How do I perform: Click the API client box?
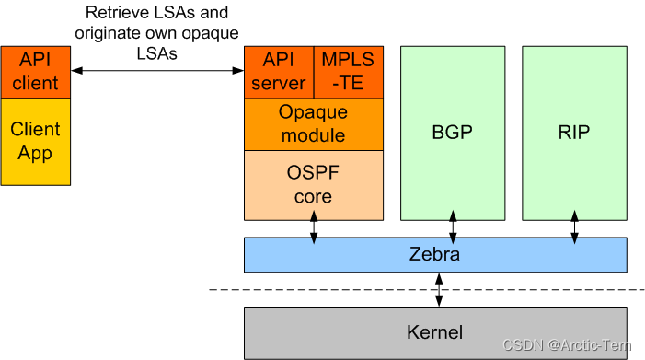[35, 71]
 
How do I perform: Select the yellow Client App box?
[35, 140]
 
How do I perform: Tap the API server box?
[279, 71]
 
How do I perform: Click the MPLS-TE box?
[349, 71]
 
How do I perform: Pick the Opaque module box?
[313, 123]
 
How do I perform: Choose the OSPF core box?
[313, 184]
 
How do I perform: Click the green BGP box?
[452, 133]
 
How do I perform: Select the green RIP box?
[574, 133]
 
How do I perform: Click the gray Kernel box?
[434, 332]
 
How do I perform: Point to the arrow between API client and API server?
[157, 71]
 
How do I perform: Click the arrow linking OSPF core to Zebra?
[314, 226]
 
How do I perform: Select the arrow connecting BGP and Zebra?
[452, 226]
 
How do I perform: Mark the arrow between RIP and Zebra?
[574, 226]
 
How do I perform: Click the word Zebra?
[434, 255]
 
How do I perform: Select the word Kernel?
[434, 332]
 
